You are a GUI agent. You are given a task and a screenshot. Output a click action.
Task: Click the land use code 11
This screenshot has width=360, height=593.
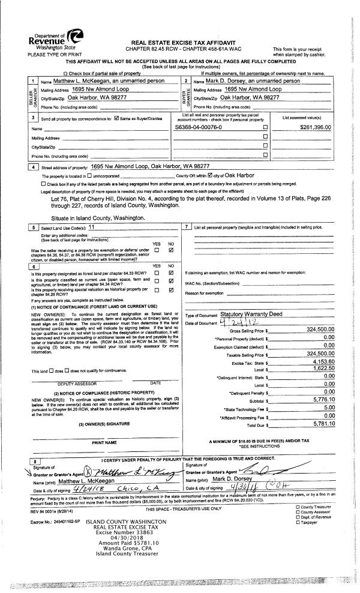pyautogui.click(x=92, y=227)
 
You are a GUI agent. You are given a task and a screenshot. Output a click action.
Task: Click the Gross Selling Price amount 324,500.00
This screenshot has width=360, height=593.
pyautogui.click(x=311, y=330)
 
